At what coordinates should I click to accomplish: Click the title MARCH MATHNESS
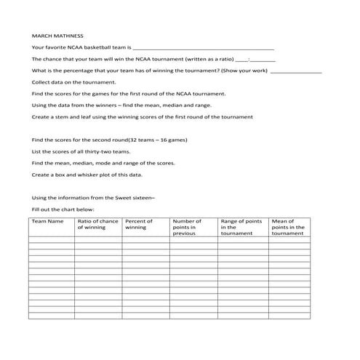click(x=57, y=35)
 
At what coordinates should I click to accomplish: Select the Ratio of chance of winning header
click(x=97, y=224)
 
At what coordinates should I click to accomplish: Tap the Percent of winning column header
click(x=138, y=224)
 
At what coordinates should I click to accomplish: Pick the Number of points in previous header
click(x=186, y=227)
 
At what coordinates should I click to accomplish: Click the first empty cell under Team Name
click(x=51, y=239)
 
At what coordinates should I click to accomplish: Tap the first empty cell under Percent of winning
click(x=145, y=239)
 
